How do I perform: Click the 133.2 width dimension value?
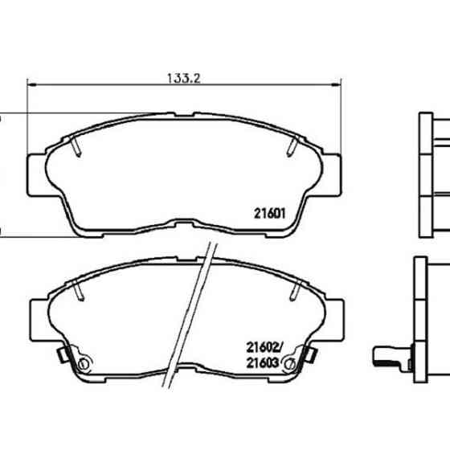click(x=182, y=79)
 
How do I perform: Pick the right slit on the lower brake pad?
click(x=292, y=290)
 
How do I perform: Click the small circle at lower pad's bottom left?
click(x=80, y=366)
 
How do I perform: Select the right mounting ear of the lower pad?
click(x=333, y=317)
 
